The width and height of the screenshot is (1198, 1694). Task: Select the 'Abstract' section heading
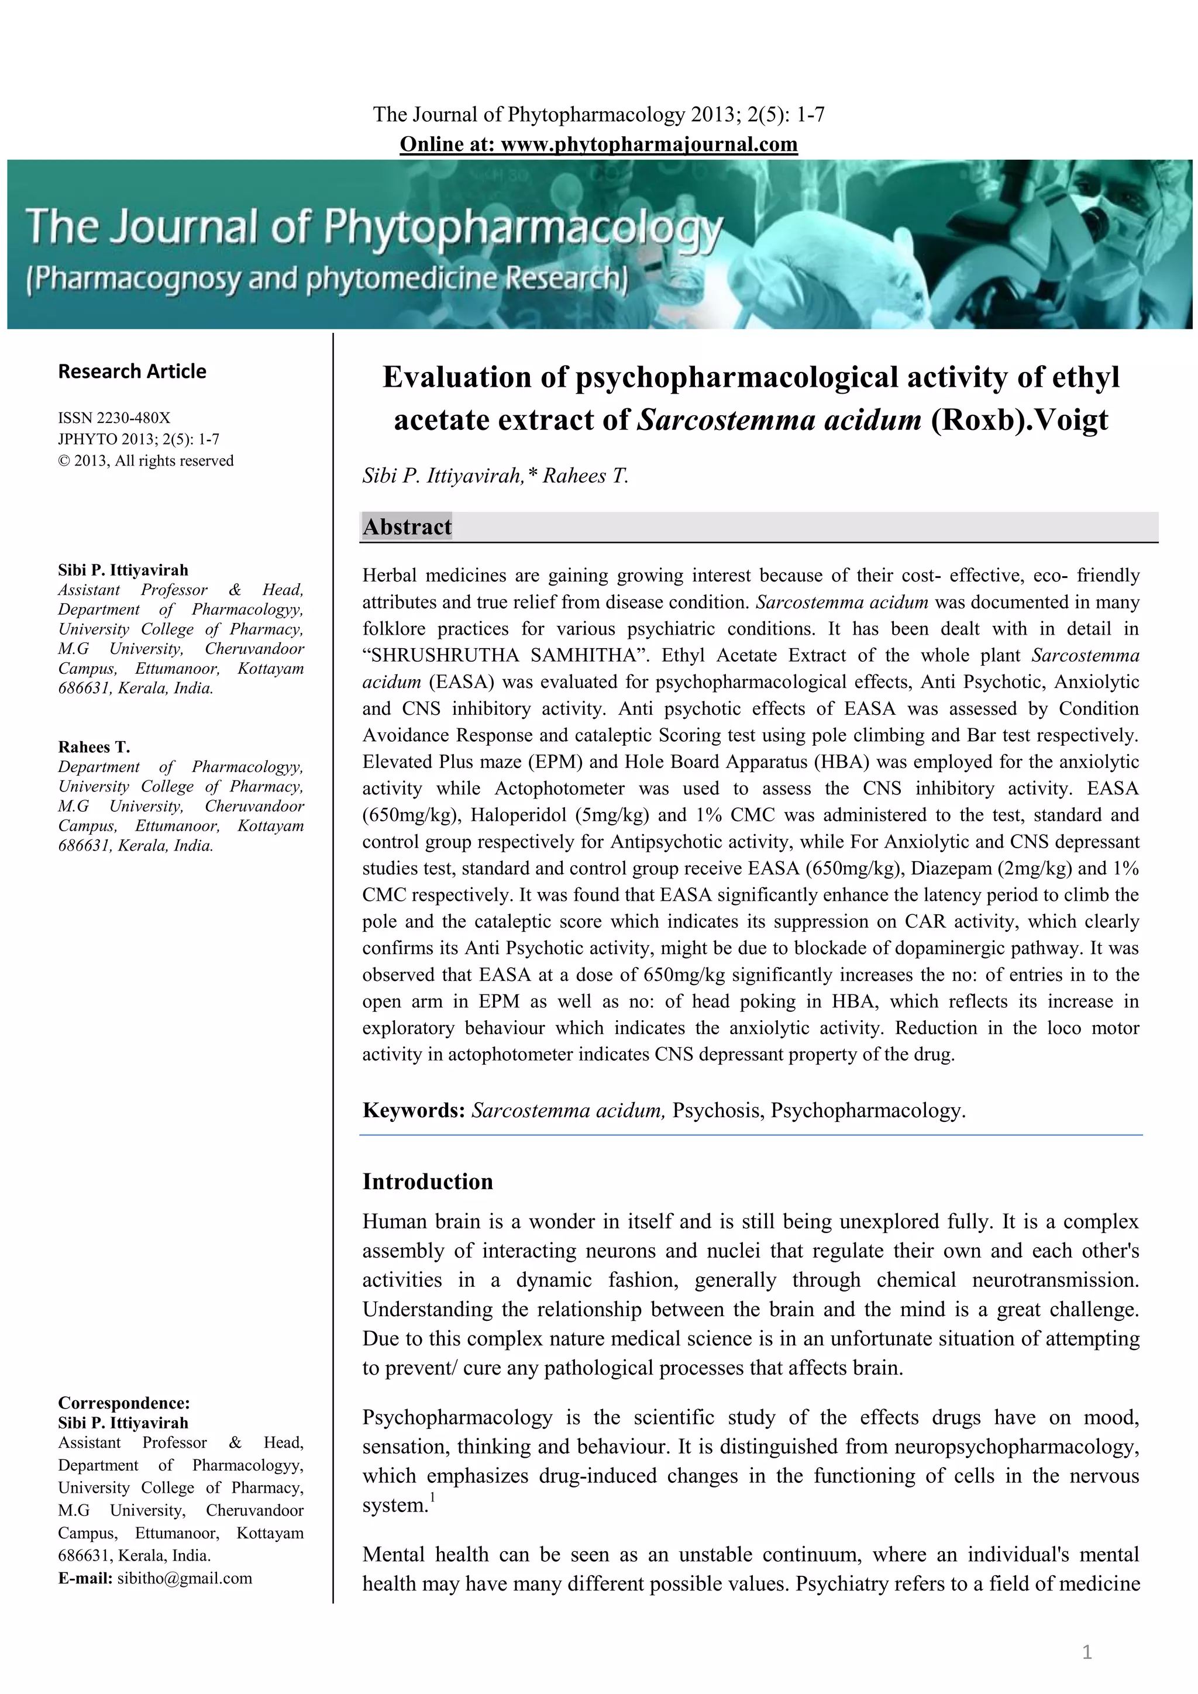point(407,527)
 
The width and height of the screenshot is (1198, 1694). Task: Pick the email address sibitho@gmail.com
point(184,1578)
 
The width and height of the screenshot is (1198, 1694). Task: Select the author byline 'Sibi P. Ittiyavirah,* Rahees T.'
point(495,476)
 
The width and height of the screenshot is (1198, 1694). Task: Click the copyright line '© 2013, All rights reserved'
point(146,460)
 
